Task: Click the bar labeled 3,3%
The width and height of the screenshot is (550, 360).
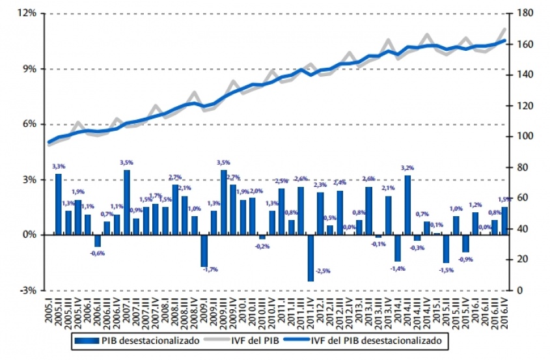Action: pyautogui.click(x=59, y=204)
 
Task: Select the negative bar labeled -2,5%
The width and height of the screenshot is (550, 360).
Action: pyautogui.click(x=310, y=258)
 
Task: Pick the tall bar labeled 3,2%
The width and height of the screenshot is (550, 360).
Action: pyautogui.click(x=407, y=205)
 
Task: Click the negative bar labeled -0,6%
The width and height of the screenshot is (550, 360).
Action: pyautogui.click(x=98, y=240)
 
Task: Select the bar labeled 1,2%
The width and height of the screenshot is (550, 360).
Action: pyautogui.click(x=475, y=223)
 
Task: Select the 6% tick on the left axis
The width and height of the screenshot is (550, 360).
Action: pyautogui.click(x=29, y=124)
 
